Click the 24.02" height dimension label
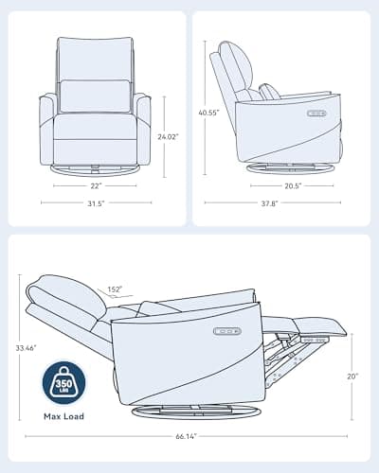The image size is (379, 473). (168, 136)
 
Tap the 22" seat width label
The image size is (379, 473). (96, 185)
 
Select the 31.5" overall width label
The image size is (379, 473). (96, 203)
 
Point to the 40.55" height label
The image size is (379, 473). (208, 113)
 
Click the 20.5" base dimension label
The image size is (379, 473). (293, 185)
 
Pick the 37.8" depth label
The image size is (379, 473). (269, 203)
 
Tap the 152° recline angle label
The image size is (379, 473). (115, 289)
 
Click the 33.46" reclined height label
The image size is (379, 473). (27, 348)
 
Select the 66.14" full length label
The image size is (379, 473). (187, 436)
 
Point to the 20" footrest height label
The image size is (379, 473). (352, 377)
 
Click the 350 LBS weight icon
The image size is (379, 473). (63, 383)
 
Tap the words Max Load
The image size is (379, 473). (63, 416)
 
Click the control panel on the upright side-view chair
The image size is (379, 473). (316, 113)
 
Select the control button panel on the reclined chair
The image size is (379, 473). (227, 331)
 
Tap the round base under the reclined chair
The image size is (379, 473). (196, 412)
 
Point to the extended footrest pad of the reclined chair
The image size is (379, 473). (319, 325)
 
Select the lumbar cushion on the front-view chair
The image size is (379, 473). (95, 96)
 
